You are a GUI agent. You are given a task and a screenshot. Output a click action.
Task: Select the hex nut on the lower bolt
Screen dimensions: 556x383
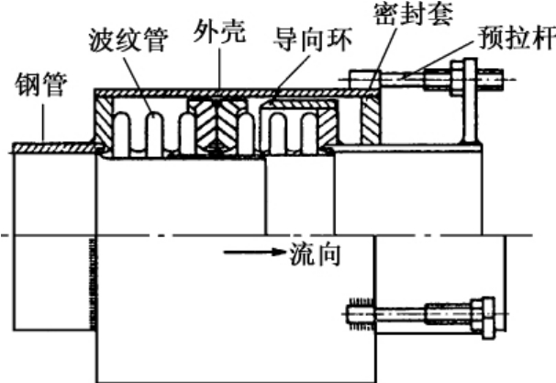pos(483,316)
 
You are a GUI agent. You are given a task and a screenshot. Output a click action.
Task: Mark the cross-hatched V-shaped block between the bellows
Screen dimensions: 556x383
pos(217,125)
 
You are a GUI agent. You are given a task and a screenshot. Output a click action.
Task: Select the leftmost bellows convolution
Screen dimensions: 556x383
pos(128,129)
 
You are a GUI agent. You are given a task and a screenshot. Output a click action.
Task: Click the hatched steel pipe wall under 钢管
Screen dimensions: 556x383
pos(55,145)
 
